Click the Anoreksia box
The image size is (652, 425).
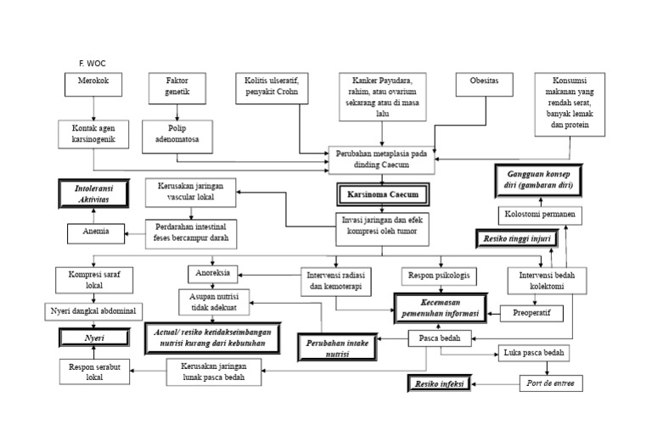(214, 273)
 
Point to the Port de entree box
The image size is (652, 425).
(552, 383)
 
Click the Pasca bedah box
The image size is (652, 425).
(440, 338)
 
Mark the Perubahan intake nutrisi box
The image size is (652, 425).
(334, 346)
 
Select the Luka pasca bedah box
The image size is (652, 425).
(547, 352)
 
